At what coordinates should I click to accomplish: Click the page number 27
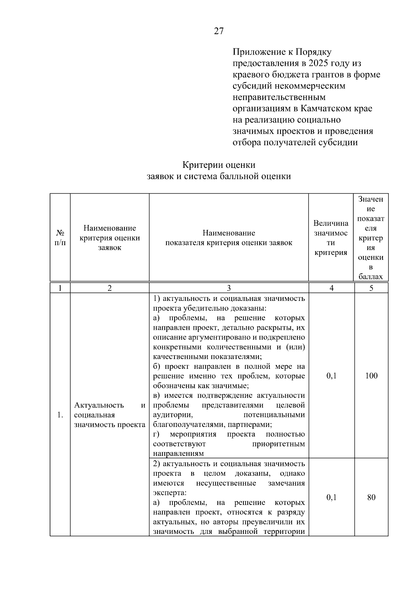click(x=219, y=31)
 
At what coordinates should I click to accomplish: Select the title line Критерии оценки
click(x=219, y=165)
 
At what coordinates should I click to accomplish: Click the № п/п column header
click(x=60, y=238)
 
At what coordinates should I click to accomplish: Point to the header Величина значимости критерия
click(x=331, y=238)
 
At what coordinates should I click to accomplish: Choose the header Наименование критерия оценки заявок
click(x=110, y=238)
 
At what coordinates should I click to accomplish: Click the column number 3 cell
click(x=229, y=288)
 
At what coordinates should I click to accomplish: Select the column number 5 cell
click(x=371, y=288)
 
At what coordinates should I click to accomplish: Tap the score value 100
click(x=371, y=376)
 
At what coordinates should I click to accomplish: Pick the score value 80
click(x=371, y=497)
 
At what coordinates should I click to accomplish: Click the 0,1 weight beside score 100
click(x=332, y=376)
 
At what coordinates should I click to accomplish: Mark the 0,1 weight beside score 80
click(x=332, y=497)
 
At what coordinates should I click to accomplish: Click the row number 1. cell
click(x=60, y=415)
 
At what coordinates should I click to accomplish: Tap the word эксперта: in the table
click(x=170, y=493)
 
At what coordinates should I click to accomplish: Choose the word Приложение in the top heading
click(x=257, y=52)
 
